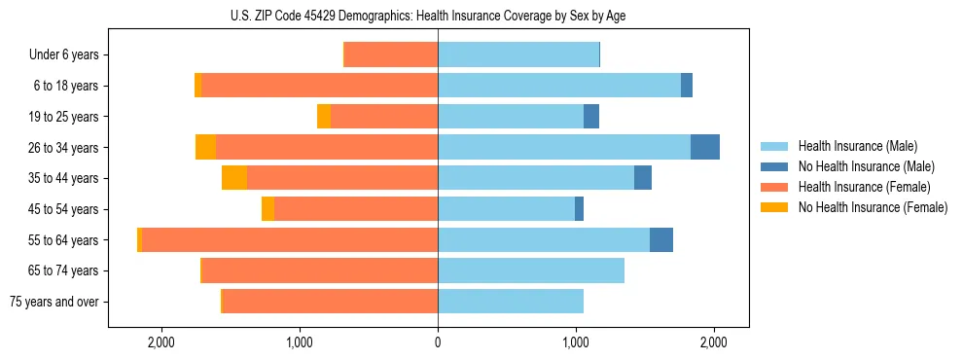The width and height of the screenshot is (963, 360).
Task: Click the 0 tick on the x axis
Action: click(x=438, y=342)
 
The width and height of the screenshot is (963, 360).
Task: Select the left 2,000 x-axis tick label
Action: click(x=160, y=342)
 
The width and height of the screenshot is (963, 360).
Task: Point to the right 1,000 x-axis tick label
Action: click(x=576, y=342)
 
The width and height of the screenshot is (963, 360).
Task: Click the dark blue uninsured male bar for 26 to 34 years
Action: click(x=705, y=147)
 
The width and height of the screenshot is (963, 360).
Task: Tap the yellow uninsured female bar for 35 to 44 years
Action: click(x=234, y=178)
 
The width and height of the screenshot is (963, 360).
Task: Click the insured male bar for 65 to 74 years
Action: click(x=531, y=270)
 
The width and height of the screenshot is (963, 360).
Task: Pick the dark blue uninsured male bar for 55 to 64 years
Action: click(x=661, y=239)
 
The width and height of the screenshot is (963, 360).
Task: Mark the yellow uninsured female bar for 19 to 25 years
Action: click(x=324, y=117)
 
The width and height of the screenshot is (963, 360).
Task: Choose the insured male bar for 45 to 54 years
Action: click(x=506, y=208)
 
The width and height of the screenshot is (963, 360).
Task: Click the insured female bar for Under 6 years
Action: click(x=391, y=55)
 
